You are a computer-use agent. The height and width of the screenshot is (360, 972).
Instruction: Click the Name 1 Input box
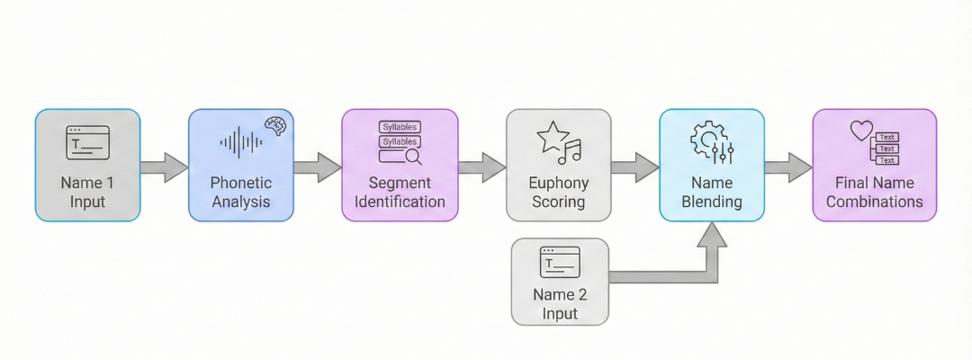[x=87, y=166]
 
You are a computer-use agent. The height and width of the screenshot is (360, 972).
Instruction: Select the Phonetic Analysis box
[x=241, y=166]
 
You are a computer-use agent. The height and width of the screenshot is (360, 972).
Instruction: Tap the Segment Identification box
[x=400, y=166]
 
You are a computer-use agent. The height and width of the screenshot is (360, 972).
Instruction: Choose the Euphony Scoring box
[x=558, y=166]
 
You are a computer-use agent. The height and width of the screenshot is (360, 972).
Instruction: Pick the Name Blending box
[x=712, y=166]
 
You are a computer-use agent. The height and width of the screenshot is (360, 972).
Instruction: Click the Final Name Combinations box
[x=874, y=166]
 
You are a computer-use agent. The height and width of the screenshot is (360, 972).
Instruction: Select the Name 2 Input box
[x=559, y=281]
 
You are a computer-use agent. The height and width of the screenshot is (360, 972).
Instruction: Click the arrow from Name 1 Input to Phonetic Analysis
[x=164, y=166]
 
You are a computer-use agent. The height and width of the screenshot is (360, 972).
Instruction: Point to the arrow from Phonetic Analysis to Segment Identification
[x=318, y=166]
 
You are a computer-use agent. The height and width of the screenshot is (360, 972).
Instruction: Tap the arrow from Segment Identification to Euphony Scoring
[x=481, y=166]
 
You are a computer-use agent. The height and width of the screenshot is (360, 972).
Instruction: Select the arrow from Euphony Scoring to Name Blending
[x=635, y=166]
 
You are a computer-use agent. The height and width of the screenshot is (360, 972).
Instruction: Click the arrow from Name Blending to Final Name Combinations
[x=788, y=166]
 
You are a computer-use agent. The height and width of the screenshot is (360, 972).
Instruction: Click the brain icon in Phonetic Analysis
[x=274, y=126]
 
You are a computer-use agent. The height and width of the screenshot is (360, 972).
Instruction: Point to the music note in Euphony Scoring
[x=571, y=152]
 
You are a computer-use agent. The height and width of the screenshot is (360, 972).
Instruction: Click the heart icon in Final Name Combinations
[x=861, y=130]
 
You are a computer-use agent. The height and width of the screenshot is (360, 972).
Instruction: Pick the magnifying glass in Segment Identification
[x=413, y=157]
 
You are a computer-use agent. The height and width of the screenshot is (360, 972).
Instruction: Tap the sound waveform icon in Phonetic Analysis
[x=241, y=142]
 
